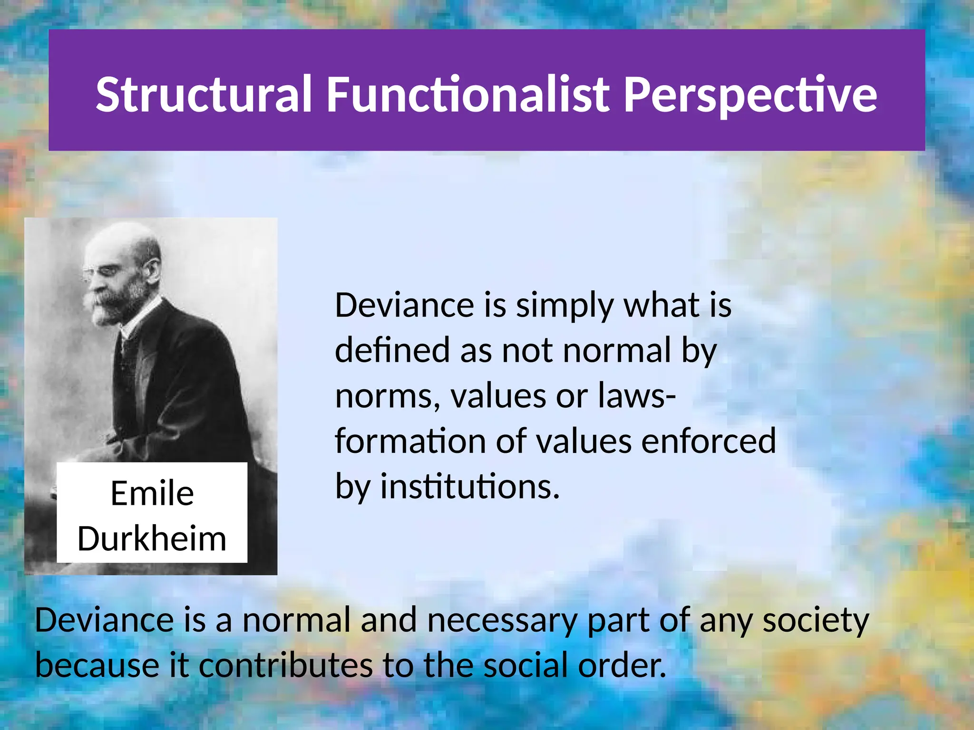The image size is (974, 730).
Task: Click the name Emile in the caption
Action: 152,493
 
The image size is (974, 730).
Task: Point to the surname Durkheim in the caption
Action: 152,539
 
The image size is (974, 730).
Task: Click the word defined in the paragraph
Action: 392,350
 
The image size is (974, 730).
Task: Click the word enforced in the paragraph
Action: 709,441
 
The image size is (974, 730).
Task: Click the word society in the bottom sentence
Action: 816,621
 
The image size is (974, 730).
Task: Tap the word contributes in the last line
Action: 285,665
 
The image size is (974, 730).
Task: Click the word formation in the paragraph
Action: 410,441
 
